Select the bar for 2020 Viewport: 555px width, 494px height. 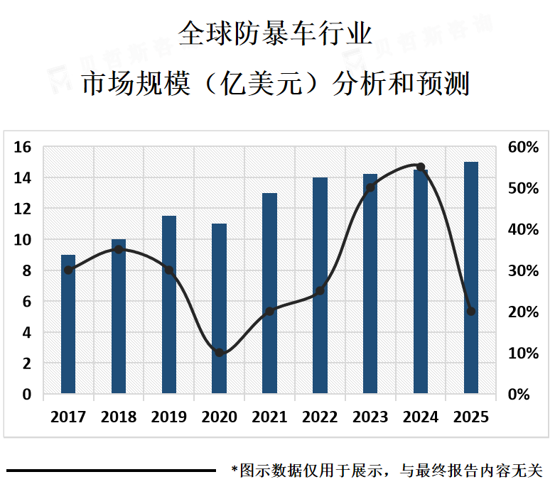point(220,309)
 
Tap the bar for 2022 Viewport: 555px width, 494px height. point(320,285)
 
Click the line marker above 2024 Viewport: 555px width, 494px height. point(421,168)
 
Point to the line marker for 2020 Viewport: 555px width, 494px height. point(220,353)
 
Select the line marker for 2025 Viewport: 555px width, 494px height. point(471,312)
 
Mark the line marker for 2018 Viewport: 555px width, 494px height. point(119,249)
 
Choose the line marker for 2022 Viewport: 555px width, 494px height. point(320,290)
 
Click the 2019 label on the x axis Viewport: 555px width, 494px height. point(169,417)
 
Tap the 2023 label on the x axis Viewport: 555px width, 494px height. point(370,417)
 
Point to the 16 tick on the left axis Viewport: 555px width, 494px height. point(22,147)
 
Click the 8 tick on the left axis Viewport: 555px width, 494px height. point(27,270)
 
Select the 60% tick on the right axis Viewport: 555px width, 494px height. point(524,147)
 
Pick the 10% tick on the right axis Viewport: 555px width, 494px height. point(524,353)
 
